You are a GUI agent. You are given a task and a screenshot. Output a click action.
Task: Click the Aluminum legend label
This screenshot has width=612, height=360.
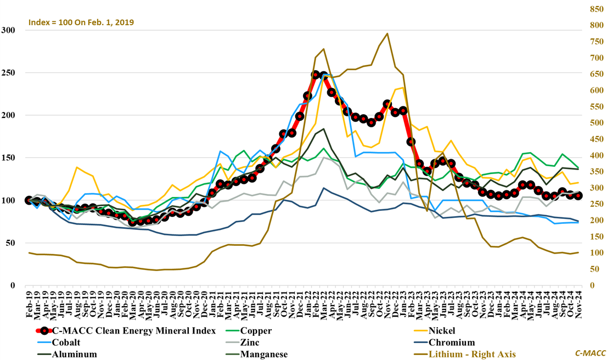click(74, 355)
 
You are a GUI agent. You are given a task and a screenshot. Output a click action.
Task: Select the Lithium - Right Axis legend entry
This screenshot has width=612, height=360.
click(473, 355)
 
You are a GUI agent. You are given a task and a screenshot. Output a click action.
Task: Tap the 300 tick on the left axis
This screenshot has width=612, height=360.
click(9, 30)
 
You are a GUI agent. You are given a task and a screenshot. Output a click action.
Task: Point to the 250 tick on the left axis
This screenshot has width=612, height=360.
click(9, 73)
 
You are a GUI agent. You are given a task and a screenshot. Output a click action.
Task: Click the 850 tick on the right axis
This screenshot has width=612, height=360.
click(596, 9)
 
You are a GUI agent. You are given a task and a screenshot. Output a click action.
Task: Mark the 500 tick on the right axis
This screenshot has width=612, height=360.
click(596, 123)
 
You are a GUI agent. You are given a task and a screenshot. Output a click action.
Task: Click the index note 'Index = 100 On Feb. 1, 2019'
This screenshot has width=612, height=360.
click(81, 22)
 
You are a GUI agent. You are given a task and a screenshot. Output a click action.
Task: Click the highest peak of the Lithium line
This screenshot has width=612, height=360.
click(388, 33)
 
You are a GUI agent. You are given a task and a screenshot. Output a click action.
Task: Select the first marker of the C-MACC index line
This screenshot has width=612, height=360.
click(29, 200)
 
